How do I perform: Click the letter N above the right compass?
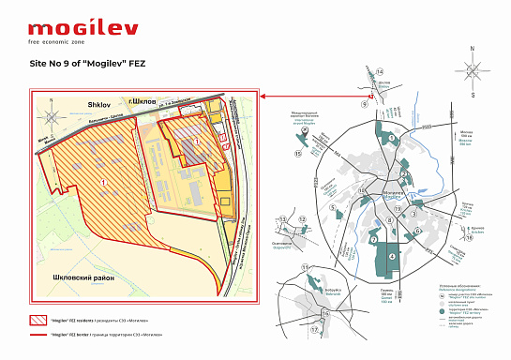(473, 45)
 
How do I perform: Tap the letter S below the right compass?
(473, 94)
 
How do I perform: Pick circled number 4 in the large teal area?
(392, 256)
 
